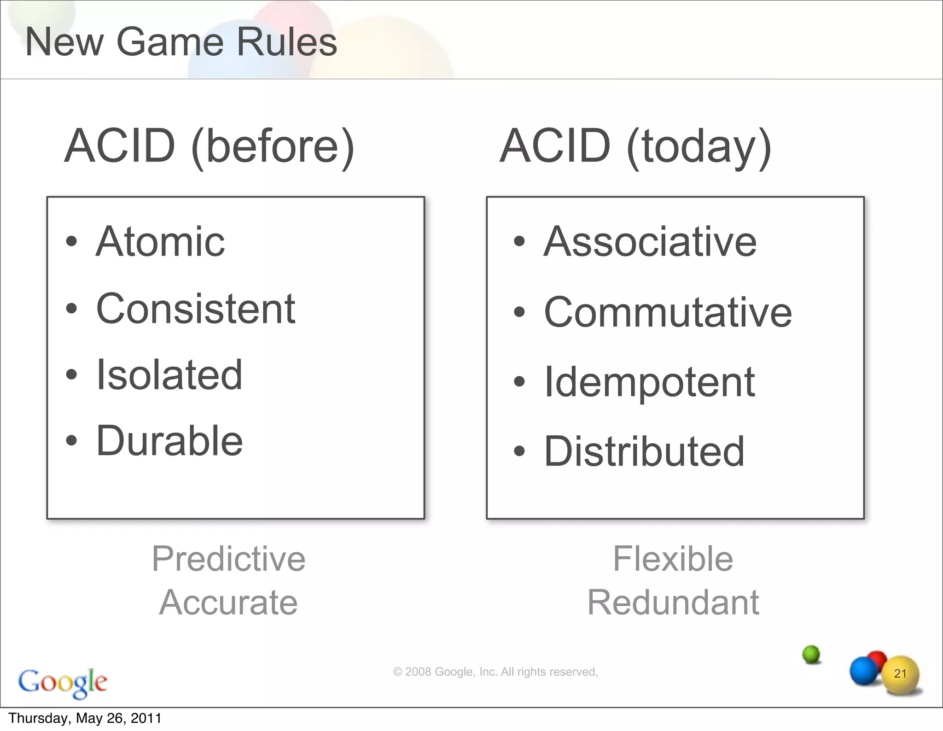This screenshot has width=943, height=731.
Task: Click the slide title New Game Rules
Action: (181, 42)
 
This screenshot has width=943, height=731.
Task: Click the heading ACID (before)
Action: (210, 146)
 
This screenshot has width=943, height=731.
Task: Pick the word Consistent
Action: (196, 309)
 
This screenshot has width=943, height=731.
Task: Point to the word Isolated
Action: (169, 375)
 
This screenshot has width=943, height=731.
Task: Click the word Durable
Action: (169, 441)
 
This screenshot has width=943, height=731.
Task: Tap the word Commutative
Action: (668, 312)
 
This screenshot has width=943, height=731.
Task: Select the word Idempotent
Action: (649, 382)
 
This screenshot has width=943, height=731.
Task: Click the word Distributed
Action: (644, 451)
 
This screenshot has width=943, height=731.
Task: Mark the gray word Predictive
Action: (228, 559)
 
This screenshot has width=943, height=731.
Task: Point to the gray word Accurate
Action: (228, 602)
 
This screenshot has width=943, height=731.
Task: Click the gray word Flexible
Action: (673, 559)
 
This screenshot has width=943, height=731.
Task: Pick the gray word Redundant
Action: (673, 602)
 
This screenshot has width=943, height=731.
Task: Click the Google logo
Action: (63, 682)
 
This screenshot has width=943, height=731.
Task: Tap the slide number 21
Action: (900, 674)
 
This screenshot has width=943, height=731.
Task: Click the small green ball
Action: (811, 654)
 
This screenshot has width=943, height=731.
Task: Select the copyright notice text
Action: (495, 672)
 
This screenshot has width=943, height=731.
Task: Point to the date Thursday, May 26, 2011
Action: (85, 719)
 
